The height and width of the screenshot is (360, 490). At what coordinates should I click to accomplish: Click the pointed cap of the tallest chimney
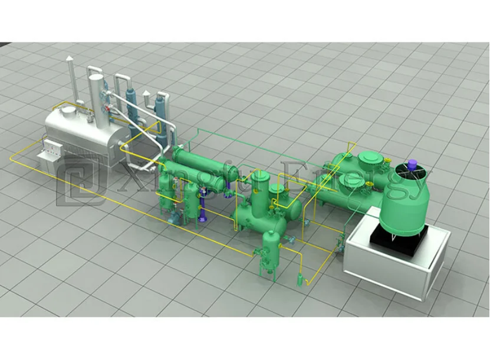tap(70, 59)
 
